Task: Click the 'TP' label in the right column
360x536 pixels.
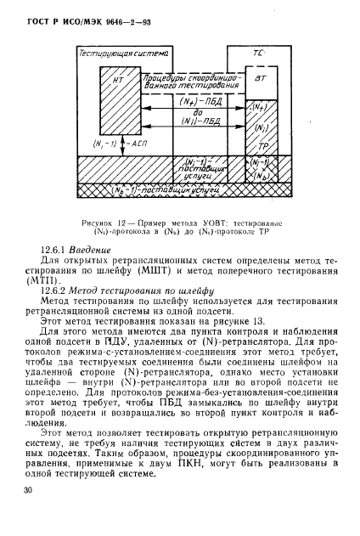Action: [x=263, y=146]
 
